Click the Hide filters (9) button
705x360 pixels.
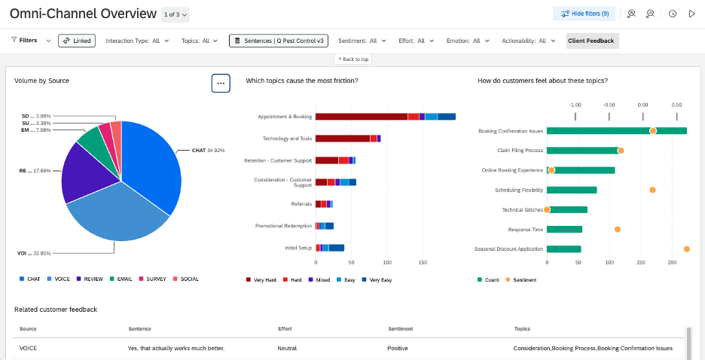tap(585, 14)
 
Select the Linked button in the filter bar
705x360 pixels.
tap(77, 41)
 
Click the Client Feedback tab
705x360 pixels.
tap(592, 41)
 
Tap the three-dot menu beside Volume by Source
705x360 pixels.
tap(221, 84)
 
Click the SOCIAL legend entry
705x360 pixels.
tap(185, 279)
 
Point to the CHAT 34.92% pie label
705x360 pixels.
tap(207, 151)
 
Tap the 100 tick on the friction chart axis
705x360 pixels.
tap(387, 264)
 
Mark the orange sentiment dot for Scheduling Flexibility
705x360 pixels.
tap(652, 190)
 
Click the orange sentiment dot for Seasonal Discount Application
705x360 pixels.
tap(687, 249)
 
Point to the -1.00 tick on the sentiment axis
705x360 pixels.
tap(575, 105)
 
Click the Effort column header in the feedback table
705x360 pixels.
tap(285, 328)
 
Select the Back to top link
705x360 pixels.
tap(352, 59)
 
